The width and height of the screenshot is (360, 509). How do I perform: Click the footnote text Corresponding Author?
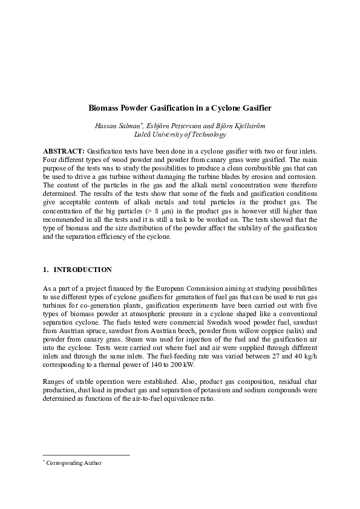[x=76, y=463]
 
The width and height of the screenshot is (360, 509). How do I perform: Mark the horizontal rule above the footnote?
[x=87, y=455]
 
